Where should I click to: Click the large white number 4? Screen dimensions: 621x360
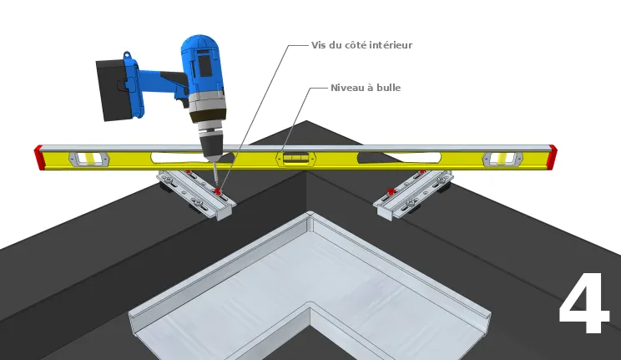click(584, 303)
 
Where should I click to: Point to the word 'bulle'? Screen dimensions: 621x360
click(388, 88)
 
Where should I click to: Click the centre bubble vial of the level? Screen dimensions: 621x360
click(296, 159)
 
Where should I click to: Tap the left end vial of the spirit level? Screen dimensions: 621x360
click(89, 159)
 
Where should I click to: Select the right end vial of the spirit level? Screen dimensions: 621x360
click(503, 159)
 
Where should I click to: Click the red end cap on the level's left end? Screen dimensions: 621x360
click(38, 157)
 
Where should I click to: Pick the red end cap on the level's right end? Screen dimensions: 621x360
click(552, 156)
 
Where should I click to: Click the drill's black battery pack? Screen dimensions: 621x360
click(114, 90)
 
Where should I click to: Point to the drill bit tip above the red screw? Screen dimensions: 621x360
click(217, 186)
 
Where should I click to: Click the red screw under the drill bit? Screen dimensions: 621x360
click(217, 192)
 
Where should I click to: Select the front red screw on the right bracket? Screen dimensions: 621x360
click(391, 191)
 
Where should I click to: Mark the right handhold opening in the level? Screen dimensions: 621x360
click(399, 158)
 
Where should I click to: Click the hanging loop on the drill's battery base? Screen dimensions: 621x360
click(127, 55)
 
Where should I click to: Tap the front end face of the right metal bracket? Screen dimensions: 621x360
click(384, 212)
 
